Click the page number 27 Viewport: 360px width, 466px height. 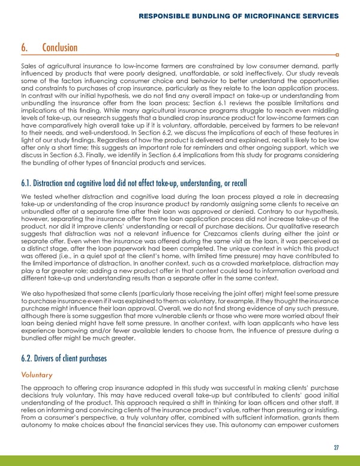(x=335, y=446)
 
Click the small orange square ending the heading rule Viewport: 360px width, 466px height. (x=338, y=56)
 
